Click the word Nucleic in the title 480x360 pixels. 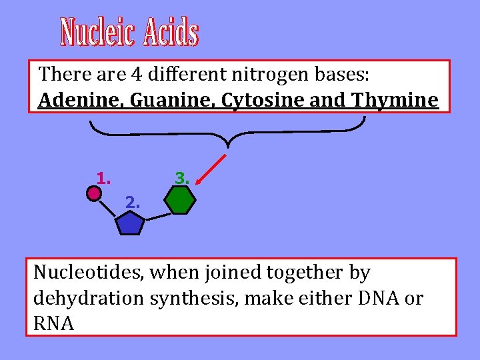click(x=98, y=33)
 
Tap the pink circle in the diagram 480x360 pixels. click(x=94, y=193)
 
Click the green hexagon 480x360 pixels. click(x=180, y=200)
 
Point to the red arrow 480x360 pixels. click(x=212, y=169)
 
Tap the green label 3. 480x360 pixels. click(x=182, y=178)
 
